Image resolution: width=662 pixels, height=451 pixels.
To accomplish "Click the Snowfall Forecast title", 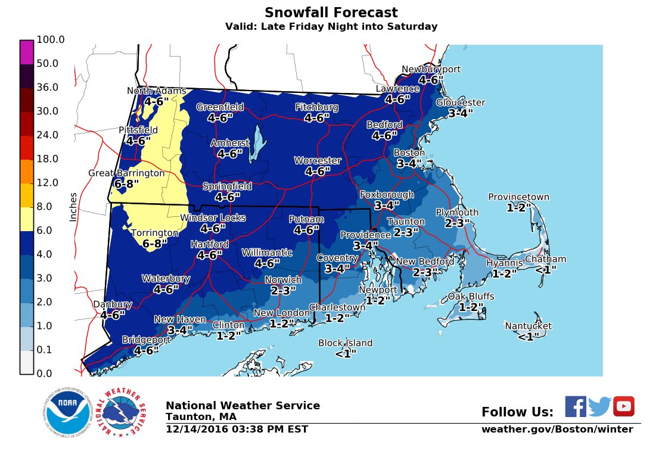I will tap(331, 13).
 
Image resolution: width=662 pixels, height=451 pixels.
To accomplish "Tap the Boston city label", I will tap(409, 153).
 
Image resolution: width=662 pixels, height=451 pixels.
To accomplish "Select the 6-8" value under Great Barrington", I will tap(126, 184).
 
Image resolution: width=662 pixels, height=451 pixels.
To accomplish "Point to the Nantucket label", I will tap(528, 326).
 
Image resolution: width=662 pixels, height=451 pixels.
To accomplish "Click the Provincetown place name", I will tap(518, 197).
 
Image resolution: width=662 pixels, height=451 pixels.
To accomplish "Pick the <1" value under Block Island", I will tap(345, 353).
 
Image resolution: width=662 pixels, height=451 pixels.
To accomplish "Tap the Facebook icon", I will tap(575, 406).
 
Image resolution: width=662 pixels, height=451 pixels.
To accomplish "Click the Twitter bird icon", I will tap(599, 406).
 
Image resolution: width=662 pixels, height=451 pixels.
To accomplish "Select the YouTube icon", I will tap(623, 406).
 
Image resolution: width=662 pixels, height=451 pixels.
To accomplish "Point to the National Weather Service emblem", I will tap(124, 412).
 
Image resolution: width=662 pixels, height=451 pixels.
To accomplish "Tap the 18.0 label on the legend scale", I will tap(47, 158).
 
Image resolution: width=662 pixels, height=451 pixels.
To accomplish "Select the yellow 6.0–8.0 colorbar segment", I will tap(26, 219).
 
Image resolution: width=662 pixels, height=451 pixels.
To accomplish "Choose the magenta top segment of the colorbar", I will tap(26, 52).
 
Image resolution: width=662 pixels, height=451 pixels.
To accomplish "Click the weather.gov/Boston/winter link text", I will tap(557, 430).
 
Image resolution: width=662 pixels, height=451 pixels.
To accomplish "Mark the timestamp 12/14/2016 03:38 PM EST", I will tap(237, 429).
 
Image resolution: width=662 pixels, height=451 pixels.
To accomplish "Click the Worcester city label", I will tap(318, 161).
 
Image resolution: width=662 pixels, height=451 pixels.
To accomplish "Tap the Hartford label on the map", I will tap(209, 244).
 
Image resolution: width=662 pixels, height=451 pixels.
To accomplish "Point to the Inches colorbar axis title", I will tap(73, 207).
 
